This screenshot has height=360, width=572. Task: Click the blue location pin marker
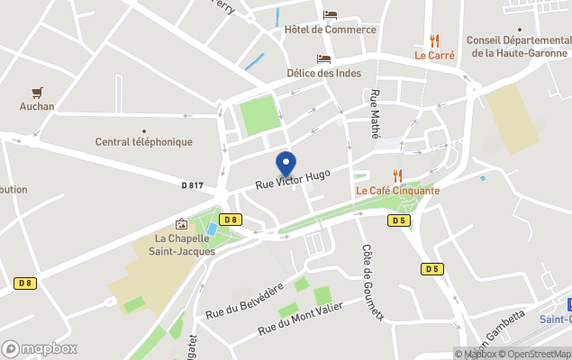[x=286, y=164]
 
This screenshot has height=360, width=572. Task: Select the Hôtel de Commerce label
[x=330, y=30]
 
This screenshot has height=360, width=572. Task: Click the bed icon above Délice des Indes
[x=323, y=58]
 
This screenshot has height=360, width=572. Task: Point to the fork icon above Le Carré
[x=434, y=40]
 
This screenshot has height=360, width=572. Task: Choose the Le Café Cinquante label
[x=398, y=190]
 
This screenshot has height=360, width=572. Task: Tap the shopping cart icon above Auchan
[x=37, y=92]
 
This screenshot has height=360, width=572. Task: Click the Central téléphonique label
[x=144, y=142]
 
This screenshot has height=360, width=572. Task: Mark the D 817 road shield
[x=192, y=185]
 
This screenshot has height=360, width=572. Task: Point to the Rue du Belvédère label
[x=244, y=301]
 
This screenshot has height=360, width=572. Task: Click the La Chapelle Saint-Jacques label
[x=185, y=245]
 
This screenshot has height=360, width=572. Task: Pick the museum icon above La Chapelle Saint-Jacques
[x=182, y=224]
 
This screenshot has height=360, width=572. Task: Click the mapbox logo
[x=41, y=348]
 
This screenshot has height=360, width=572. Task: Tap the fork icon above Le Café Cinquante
[x=397, y=175]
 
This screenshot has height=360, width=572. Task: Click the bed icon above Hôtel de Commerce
[x=330, y=15]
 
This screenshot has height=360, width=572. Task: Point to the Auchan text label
[x=37, y=106]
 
